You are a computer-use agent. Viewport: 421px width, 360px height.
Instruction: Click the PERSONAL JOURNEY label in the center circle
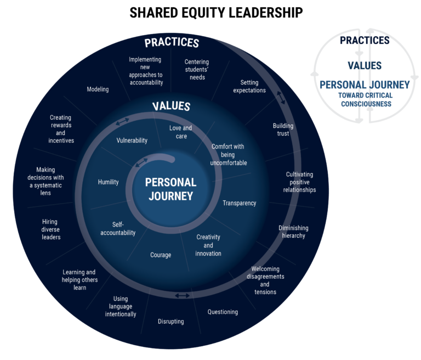click(x=171, y=189)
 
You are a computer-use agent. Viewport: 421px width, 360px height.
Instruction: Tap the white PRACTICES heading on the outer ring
click(x=171, y=43)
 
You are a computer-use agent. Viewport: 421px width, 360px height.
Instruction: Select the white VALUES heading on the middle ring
click(x=171, y=106)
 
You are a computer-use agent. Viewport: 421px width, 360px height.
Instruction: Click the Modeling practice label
click(x=98, y=89)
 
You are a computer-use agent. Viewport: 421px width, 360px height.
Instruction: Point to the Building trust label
click(x=283, y=130)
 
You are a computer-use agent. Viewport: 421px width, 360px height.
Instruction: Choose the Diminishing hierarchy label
click(x=293, y=232)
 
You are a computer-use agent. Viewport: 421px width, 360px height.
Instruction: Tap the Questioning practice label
click(x=223, y=312)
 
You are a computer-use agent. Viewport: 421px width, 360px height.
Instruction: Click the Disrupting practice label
click(x=171, y=322)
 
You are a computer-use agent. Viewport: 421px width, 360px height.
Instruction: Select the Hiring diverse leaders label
click(x=51, y=229)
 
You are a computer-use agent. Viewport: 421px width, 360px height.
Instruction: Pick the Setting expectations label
click(x=249, y=86)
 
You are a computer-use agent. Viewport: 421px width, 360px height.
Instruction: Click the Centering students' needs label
click(x=197, y=70)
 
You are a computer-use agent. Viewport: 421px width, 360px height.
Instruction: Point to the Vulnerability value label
click(x=132, y=140)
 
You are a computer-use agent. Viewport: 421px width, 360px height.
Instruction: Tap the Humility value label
click(x=108, y=182)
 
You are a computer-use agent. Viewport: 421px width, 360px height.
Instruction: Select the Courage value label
click(x=161, y=255)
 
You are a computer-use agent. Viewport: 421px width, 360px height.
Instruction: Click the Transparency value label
click(x=239, y=203)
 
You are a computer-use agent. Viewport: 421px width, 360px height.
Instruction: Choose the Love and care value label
click(x=180, y=132)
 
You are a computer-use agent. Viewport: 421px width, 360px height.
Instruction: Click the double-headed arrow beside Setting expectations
click(x=280, y=98)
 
